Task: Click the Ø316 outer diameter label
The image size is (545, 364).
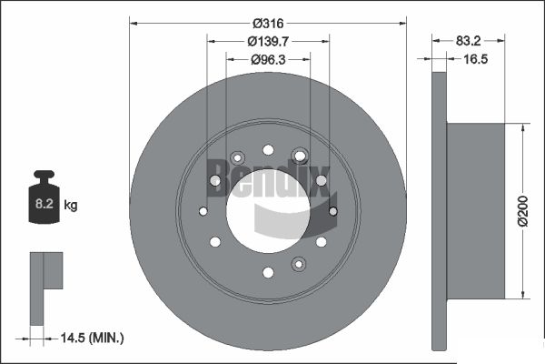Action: pyautogui.click(x=268, y=24)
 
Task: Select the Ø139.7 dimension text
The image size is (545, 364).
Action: pyautogui.click(x=268, y=42)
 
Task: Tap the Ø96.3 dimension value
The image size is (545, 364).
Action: pyautogui.click(x=268, y=60)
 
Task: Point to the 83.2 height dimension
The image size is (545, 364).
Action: pyautogui.click(x=468, y=41)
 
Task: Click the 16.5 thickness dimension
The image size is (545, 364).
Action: pyautogui.click(x=475, y=59)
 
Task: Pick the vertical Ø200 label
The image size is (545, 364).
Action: pyautogui.click(x=523, y=211)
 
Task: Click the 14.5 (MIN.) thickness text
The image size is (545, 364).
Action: pyautogui.click(x=92, y=338)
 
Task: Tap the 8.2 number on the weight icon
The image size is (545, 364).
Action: pyautogui.click(x=45, y=204)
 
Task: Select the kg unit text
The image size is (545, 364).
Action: pyautogui.click(x=71, y=205)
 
